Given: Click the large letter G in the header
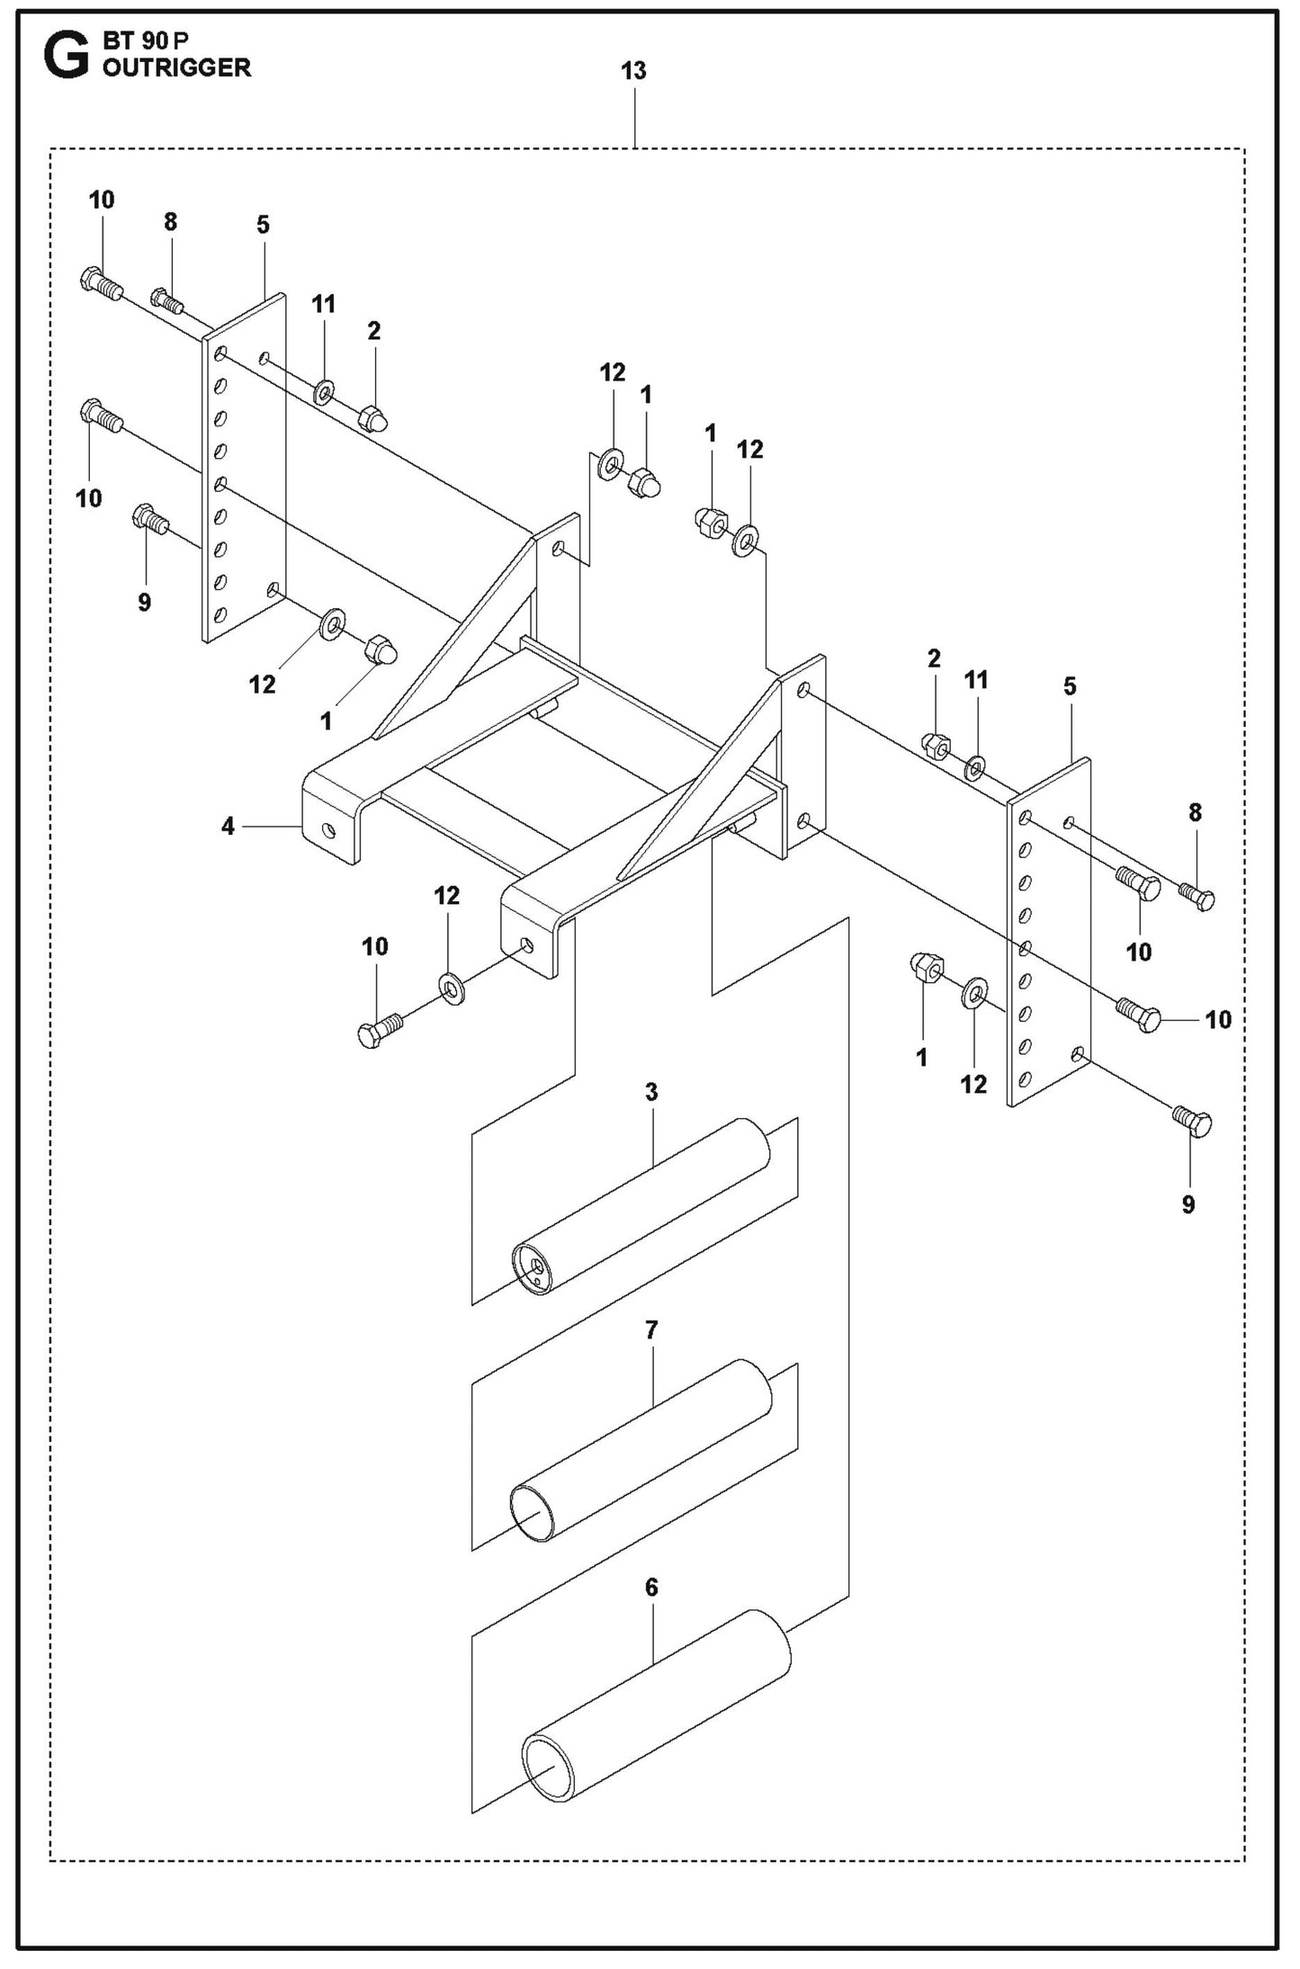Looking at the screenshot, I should [x=66, y=55].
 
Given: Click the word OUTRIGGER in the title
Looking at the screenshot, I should [x=176, y=67].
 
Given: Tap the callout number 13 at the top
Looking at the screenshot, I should [x=633, y=71].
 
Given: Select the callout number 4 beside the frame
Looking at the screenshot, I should [x=229, y=825].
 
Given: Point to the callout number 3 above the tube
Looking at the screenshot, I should [x=651, y=1092].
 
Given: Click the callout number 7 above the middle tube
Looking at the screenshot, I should [x=651, y=1329].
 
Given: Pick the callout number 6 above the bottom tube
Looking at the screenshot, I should [x=652, y=1588].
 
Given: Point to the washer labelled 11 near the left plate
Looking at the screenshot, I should [x=323, y=391].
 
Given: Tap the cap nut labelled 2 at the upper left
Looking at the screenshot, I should [x=372, y=419].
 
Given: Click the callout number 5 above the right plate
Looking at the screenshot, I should [x=1069, y=686].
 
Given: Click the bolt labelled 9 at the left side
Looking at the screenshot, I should [x=149, y=519].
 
